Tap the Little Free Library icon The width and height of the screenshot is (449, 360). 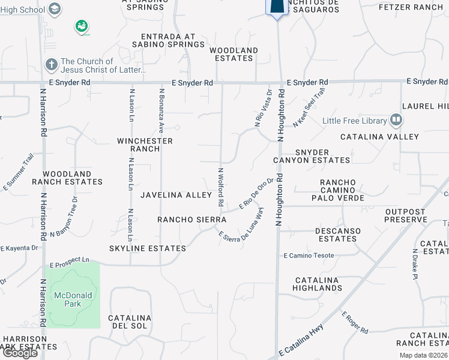point(396,121)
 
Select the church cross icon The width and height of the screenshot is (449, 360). point(52,64)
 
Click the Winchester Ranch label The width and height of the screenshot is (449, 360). point(145,145)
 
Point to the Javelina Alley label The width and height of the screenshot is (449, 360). point(176,195)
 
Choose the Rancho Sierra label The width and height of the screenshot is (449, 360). point(191,220)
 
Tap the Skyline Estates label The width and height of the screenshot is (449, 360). point(148,248)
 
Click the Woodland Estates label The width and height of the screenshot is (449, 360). point(234,54)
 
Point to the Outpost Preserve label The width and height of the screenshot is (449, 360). point(405,215)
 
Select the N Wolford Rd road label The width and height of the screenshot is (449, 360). point(221,188)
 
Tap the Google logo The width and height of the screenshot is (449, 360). point(20,353)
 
